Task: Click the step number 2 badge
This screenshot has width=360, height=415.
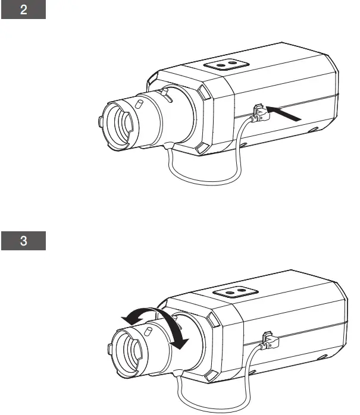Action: [x=23, y=11]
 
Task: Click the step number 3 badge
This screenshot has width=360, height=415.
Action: [x=23, y=241]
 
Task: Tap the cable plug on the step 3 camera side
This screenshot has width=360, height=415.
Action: [x=268, y=339]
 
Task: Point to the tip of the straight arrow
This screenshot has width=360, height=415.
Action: [x=268, y=109]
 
